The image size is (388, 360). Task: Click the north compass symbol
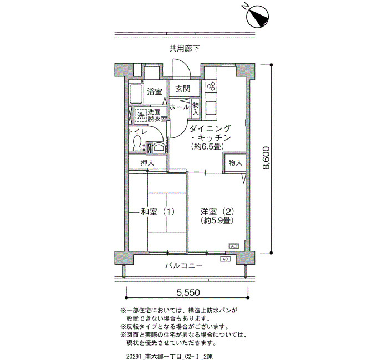[x=258, y=17]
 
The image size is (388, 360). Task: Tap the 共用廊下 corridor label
[x=185, y=49]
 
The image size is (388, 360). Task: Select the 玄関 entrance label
[x=183, y=89]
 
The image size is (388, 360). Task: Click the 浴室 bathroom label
[x=155, y=92]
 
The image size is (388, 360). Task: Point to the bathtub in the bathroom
[x=136, y=94]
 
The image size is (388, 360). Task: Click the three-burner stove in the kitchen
[x=211, y=86]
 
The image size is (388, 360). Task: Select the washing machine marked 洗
[x=141, y=115]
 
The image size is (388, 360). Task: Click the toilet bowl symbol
[x=136, y=143]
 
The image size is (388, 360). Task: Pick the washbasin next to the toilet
[x=159, y=148]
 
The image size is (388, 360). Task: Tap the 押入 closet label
[x=147, y=162]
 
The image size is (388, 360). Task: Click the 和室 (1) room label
[x=157, y=212]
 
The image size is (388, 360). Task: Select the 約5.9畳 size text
[x=217, y=220]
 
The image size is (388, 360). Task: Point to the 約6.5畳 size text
[x=208, y=147]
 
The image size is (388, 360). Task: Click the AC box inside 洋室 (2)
[x=233, y=246]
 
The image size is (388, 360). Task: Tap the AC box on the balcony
[x=225, y=259]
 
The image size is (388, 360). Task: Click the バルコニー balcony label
[x=184, y=266]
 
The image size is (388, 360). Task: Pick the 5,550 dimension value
[x=188, y=293]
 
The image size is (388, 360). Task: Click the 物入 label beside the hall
[x=196, y=109]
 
